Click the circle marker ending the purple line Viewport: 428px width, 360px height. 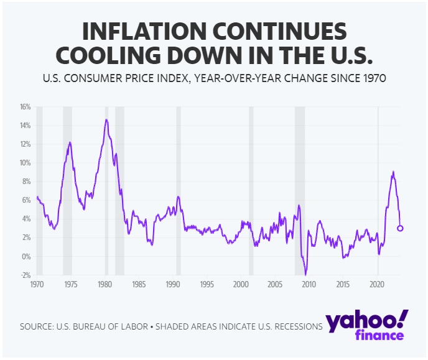(x=400, y=228)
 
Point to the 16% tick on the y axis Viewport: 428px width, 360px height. (x=25, y=107)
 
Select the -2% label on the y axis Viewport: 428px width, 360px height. (x=25, y=275)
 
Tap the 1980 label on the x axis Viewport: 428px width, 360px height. (x=105, y=284)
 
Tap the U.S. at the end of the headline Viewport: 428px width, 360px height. (x=344, y=55)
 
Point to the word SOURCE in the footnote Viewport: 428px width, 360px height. (x=36, y=326)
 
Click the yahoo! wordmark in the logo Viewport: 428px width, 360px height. (x=366, y=321)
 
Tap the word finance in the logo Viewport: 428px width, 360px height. (x=379, y=336)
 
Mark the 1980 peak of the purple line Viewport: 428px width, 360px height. (x=106, y=119)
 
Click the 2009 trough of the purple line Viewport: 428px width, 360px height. (x=305, y=274)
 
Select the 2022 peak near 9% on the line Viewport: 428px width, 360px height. (x=393, y=172)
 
